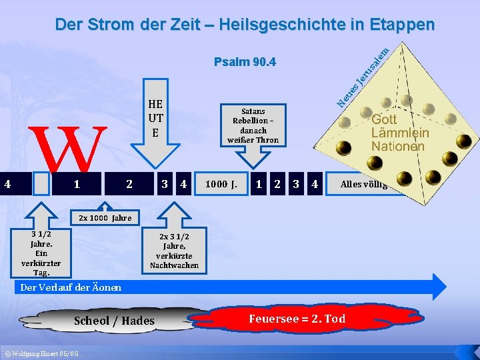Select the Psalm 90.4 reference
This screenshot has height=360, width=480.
coord(245,63)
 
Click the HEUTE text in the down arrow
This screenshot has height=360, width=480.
coord(155,118)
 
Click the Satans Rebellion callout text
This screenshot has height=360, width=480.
coord(253,126)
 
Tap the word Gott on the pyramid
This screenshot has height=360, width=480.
coord(384,119)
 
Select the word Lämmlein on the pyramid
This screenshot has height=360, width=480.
coord(400,133)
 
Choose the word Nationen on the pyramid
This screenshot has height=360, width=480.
coord(398,146)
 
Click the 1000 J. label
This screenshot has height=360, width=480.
coord(221,184)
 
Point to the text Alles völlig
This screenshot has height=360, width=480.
coord(364,184)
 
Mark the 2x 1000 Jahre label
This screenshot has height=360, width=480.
coord(105,218)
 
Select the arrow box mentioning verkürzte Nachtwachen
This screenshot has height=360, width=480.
coord(174,251)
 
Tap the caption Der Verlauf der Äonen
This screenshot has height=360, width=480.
coord(71,287)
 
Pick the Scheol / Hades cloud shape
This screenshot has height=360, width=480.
coord(115,321)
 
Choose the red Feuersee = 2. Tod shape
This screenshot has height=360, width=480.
coord(297,318)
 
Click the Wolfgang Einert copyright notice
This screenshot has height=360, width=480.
coord(41,352)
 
